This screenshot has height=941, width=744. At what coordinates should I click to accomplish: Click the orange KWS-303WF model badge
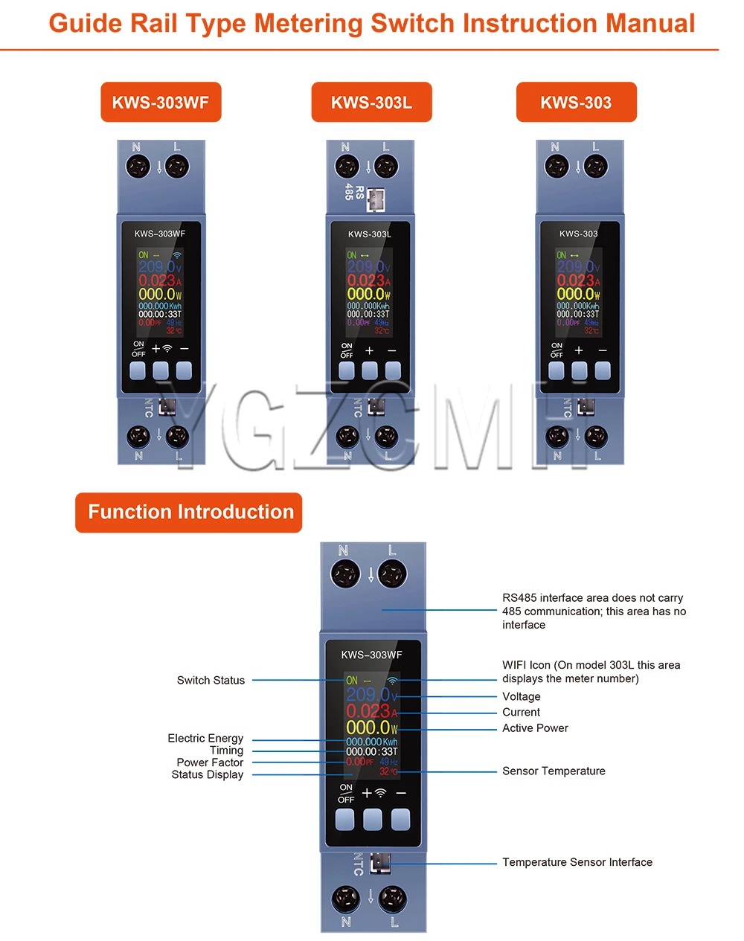pos(161,102)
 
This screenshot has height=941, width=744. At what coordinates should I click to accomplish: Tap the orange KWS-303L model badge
pos(371,102)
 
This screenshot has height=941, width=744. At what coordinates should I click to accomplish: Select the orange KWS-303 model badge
pos(576,102)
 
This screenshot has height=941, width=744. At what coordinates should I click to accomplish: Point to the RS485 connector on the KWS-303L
pos(375,198)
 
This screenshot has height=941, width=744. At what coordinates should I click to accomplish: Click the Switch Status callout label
pos(211,680)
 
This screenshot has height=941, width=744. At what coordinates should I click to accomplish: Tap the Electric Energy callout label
pos(205,738)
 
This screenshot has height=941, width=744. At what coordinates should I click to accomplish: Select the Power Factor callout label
pos(210,762)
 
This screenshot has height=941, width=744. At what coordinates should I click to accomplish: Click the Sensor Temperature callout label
pos(554,771)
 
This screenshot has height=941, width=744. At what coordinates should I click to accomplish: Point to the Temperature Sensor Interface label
pos(577,862)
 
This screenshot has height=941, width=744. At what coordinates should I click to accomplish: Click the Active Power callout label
pos(535,728)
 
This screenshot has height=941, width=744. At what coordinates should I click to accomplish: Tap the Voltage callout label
pos(521,696)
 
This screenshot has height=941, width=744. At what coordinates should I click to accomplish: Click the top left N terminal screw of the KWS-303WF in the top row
pos(138,167)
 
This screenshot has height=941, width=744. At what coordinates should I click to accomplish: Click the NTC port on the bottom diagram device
pos(380,862)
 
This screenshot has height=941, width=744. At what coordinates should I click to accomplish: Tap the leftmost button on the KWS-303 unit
pos(557,370)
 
